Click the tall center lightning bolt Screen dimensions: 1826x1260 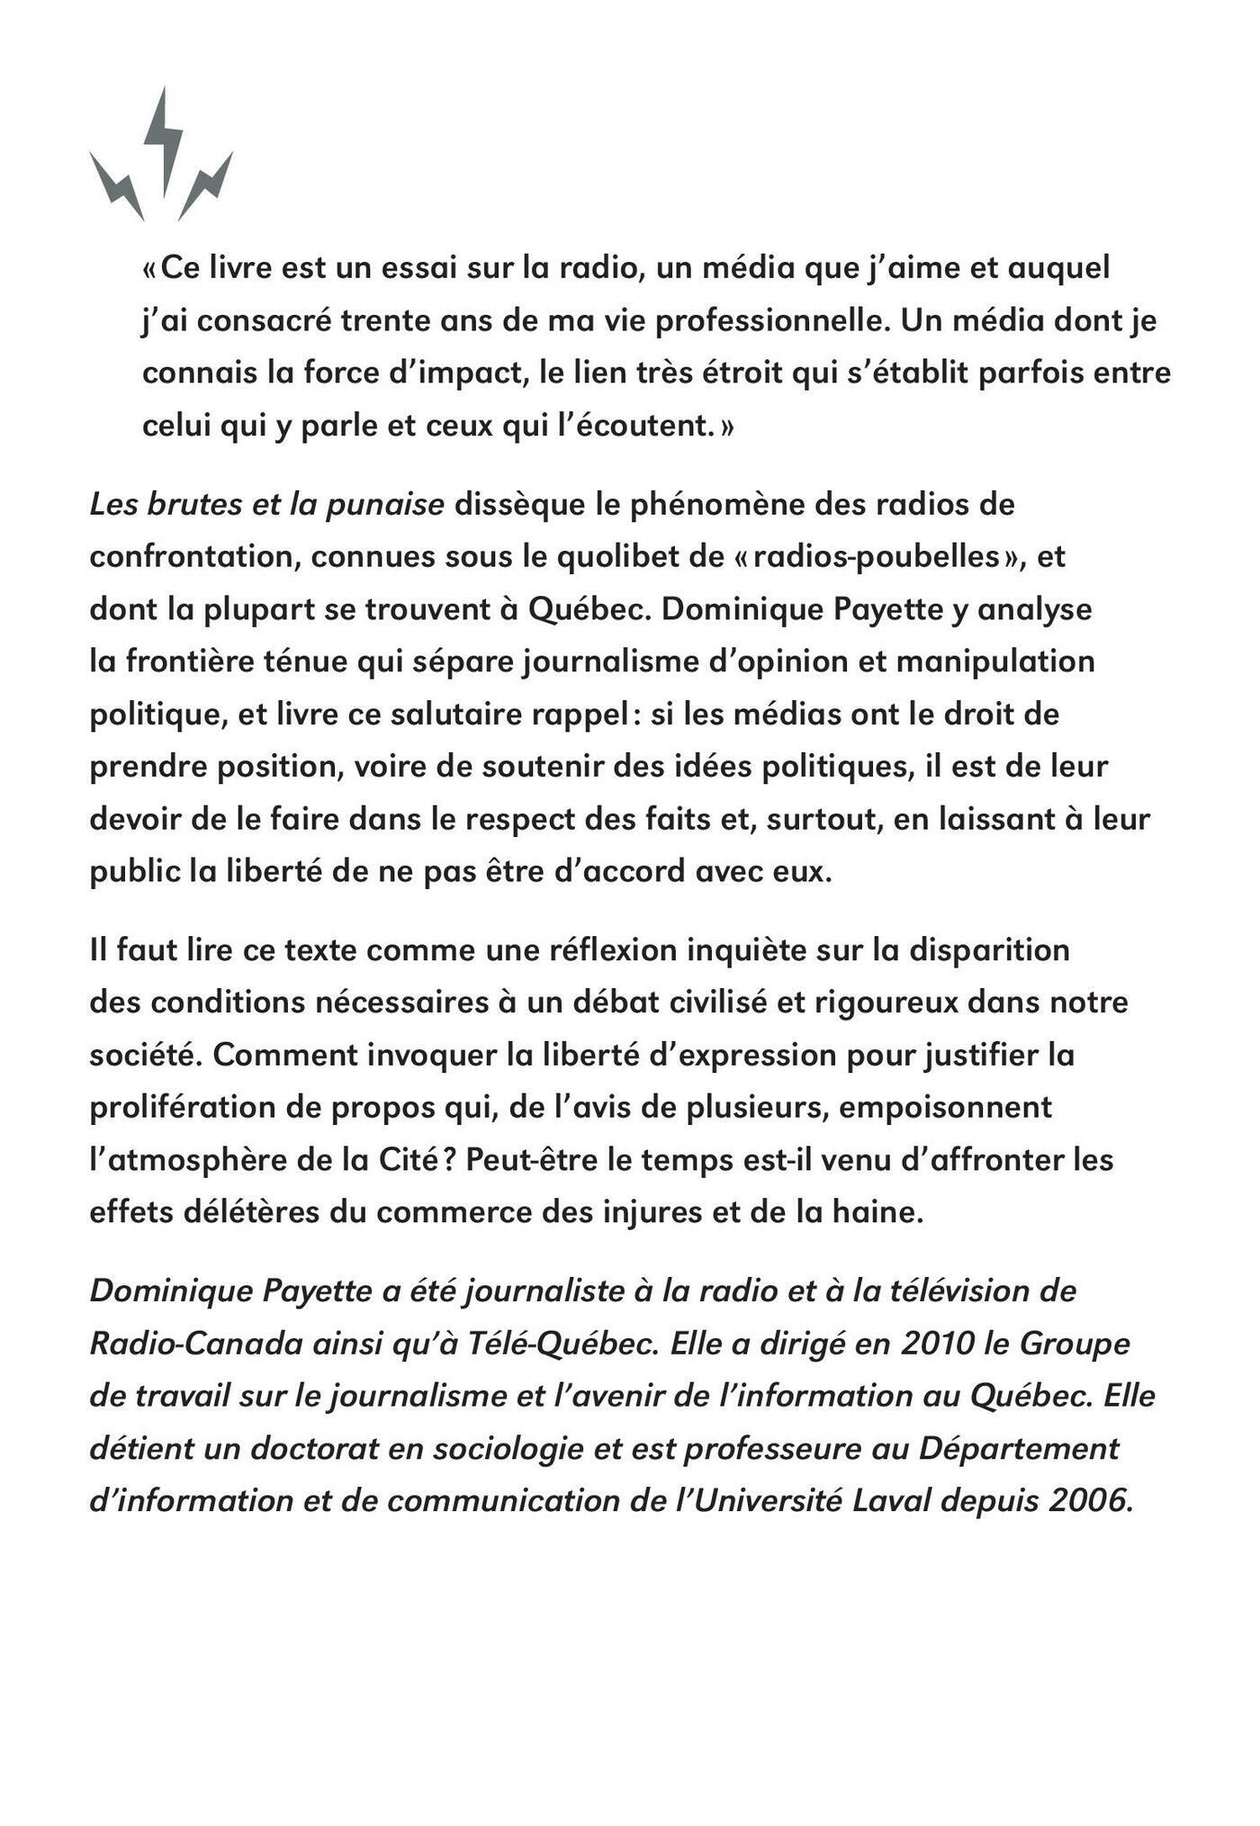[164, 139]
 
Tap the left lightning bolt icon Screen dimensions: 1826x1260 [118, 186]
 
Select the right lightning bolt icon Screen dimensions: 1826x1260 [206, 186]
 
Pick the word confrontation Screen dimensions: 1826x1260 [194, 557]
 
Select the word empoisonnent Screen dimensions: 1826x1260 [945, 1107]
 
